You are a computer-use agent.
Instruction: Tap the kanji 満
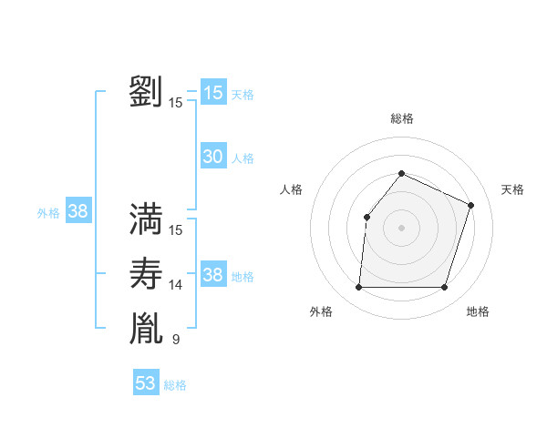(x=146, y=219)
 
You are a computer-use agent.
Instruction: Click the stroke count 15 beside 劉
(x=176, y=103)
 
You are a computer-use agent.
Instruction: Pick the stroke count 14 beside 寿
(x=176, y=285)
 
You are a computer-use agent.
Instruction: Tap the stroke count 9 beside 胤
(x=176, y=340)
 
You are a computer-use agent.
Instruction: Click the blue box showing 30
(x=213, y=157)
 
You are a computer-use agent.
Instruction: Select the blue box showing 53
(x=146, y=383)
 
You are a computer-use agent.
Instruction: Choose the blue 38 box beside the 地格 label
(x=213, y=275)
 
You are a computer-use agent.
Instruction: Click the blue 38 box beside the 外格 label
(x=78, y=211)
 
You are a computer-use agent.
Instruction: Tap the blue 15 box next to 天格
(x=213, y=93)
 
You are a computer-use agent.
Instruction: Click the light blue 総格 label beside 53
(x=175, y=385)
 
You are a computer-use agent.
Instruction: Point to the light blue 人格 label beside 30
(x=243, y=158)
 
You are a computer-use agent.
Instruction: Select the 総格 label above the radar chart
(x=401, y=118)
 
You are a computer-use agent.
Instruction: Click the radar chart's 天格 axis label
(x=512, y=189)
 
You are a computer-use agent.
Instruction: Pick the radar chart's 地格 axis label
(x=478, y=311)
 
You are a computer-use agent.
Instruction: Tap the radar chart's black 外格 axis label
(x=321, y=311)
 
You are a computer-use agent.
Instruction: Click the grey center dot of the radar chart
(x=401, y=227)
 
